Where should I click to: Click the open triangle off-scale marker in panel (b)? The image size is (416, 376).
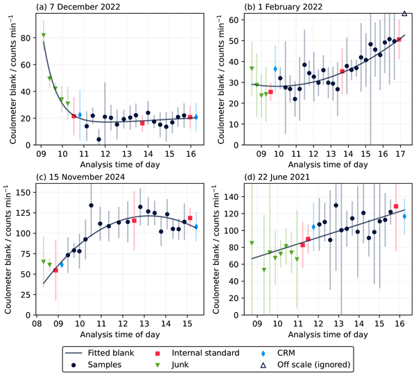(404, 13)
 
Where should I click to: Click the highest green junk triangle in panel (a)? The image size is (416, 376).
(43, 35)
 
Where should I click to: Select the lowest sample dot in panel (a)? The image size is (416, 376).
(99, 139)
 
